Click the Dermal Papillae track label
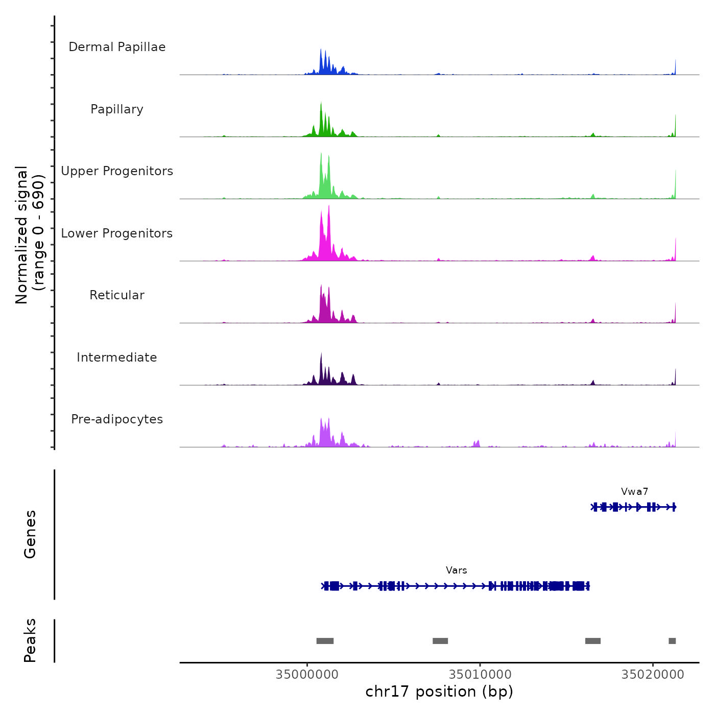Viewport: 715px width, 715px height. click(x=117, y=47)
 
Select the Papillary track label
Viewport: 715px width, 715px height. click(x=117, y=109)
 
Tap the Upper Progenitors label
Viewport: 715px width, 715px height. click(x=117, y=171)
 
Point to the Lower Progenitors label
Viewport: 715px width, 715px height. click(x=117, y=233)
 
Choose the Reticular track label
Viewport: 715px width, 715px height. click(x=117, y=295)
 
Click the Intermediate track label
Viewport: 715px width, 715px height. click(x=117, y=357)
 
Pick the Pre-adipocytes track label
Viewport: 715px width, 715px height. click(x=117, y=419)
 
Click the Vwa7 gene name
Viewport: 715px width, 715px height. click(x=634, y=492)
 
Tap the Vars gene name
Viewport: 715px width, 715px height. click(x=456, y=570)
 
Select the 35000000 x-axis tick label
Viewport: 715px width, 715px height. click(x=307, y=675)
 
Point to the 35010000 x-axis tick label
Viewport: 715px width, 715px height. click(x=480, y=675)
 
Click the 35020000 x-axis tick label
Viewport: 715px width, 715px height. click(x=652, y=675)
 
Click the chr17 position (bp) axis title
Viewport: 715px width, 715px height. click(x=439, y=692)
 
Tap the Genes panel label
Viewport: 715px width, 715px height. click(x=30, y=534)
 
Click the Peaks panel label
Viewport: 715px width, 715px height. click(x=30, y=640)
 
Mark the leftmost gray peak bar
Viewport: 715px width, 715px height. click(x=325, y=641)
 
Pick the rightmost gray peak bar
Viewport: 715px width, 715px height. click(x=672, y=641)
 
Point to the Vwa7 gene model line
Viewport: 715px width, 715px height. click(x=633, y=507)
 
